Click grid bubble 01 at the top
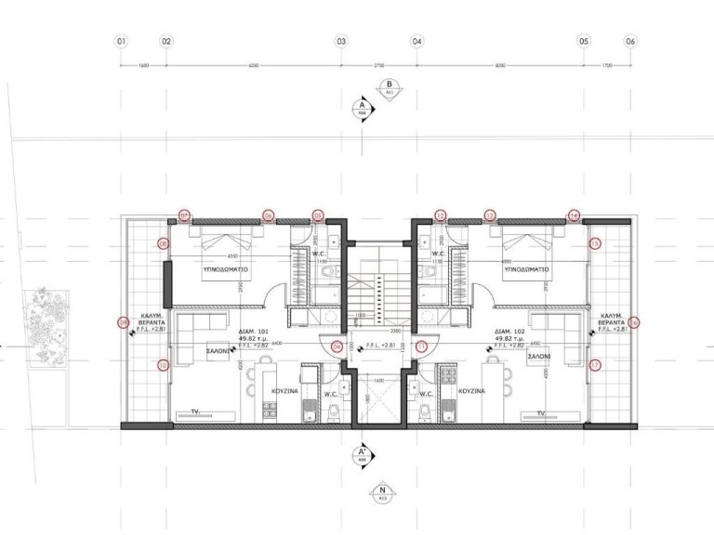(x=120, y=42)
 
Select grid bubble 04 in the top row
(x=416, y=42)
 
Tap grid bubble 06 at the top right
(x=630, y=42)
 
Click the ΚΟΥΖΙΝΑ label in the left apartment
(x=284, y=393)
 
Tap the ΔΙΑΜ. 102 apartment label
(x=506, y=330)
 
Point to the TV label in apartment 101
(x=195, y=410)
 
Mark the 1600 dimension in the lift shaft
(x=379, y=380)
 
